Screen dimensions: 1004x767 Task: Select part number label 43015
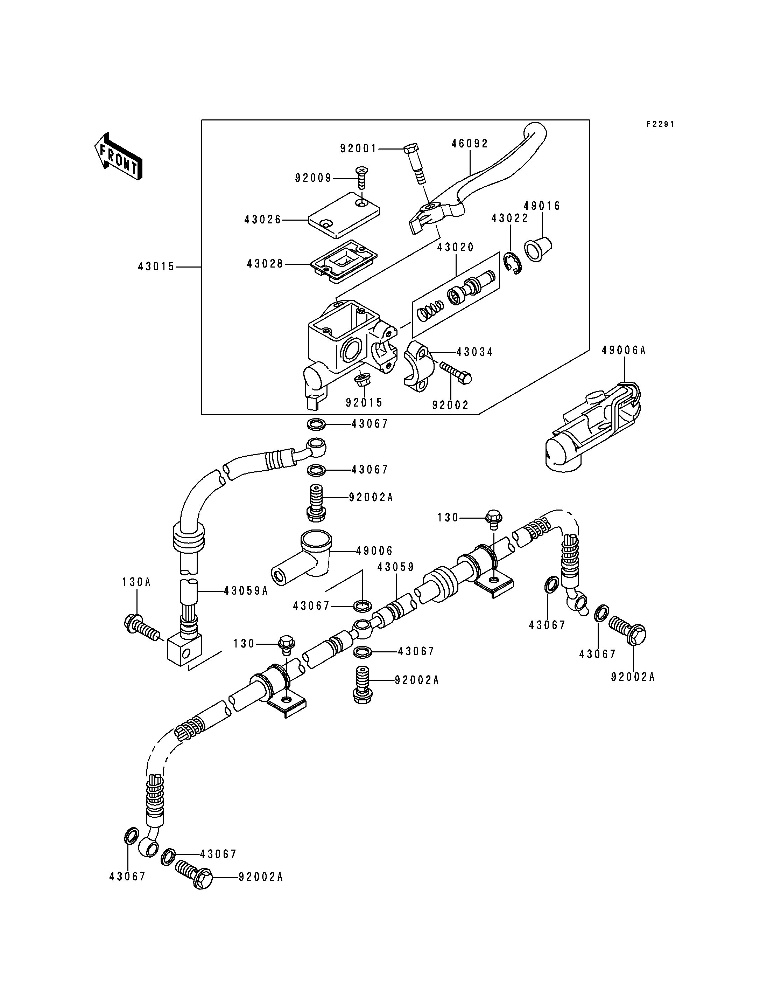(x=156, y=267)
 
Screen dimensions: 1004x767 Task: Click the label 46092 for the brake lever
(x=470, y=144)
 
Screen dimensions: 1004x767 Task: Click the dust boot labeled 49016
(x=538, y=249)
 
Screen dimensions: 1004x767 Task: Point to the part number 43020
(x=456, y=247)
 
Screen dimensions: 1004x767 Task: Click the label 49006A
(x=624, y=351)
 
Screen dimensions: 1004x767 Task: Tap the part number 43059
(x=395, y=567)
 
